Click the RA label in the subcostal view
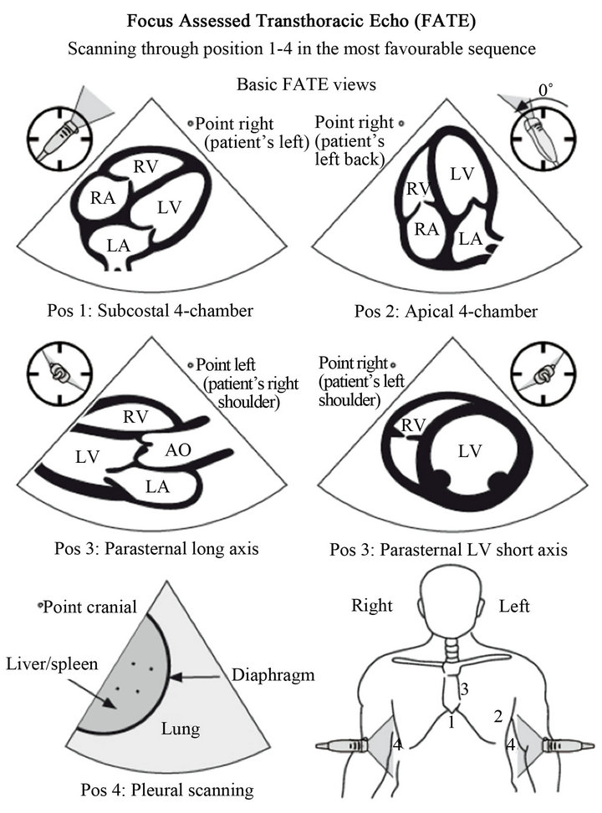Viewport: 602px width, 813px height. pyautogui.click(x=102, y=198)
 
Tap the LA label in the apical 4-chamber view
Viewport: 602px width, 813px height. pyautogui.click(x=471, y=238)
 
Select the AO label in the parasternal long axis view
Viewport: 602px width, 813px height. pyautogui.click(x=178, y=450)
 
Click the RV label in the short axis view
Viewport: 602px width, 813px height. pyautogui.click(x=414, y=425)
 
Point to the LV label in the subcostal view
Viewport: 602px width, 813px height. pyautogui.click(x=169, y=207)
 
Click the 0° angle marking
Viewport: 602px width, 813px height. pyautogui.click(x=545, y=90)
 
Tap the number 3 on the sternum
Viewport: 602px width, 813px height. pyautogui.click(x=465, y=689)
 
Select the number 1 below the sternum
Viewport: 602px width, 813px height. pyautogui.click(x=451, y=721)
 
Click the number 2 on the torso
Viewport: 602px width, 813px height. pyautogui.click(x=498, y=717)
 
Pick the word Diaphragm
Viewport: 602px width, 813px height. pyautogui.click(x=273, y=675)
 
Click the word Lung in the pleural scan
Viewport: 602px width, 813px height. pyautogui.click(x=180, y=729)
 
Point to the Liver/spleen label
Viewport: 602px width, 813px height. pyautogui.click(x=52, y=663)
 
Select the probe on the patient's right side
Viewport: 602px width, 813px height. pyautogui.click(x=342, y=745)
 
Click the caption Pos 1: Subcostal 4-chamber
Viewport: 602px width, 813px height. pyautogui.click(x=150, y=311)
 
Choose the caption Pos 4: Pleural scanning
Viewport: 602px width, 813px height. pyautogui.click(x=167, y=790)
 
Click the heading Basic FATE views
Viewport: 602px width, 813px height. pyautogui.click(x=306, y=84)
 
